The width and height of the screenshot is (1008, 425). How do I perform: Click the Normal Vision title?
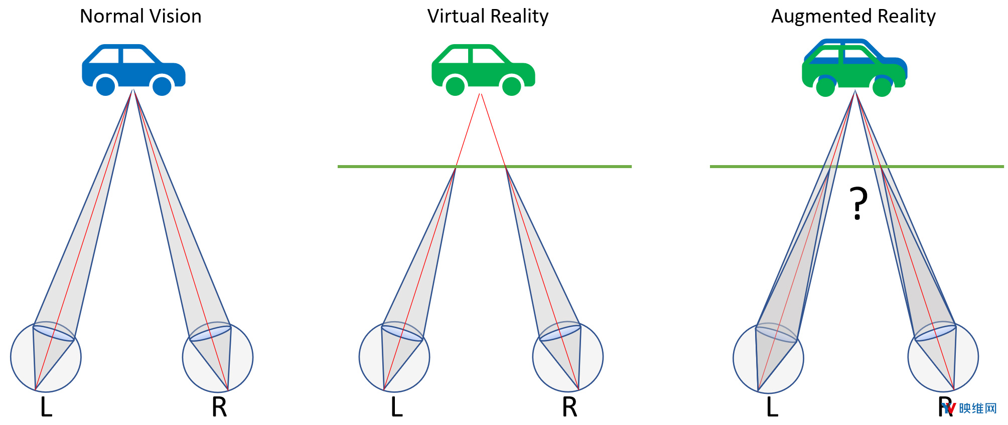coord(140,17)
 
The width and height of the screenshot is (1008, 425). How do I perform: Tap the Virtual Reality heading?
coord(488,17)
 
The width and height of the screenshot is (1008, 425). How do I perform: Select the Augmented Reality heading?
coord(853,17)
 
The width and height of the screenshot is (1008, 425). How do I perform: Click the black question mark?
coord(858,203)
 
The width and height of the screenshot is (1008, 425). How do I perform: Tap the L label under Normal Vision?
coord(46,407)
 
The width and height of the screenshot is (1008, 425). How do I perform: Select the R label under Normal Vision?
coord(219,407)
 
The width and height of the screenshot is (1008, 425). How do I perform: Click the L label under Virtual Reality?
coord(396,407)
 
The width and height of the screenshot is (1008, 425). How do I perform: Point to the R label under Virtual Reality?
coord(569,407)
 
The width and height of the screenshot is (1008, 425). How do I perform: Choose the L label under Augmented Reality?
coord(772,407)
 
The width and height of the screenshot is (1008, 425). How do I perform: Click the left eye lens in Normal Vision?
coord(54,333)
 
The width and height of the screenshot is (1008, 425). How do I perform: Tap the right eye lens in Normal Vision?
coord(210,333)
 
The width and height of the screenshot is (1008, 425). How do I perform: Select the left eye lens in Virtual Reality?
coord(402,333)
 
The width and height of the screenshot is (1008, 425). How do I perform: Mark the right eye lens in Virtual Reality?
coord(560,333)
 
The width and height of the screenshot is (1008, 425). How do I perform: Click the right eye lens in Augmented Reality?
coord(935,333)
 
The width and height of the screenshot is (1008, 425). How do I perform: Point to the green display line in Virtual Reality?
coord(485,166)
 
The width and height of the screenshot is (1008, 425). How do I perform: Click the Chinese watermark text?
coord(977,408)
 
